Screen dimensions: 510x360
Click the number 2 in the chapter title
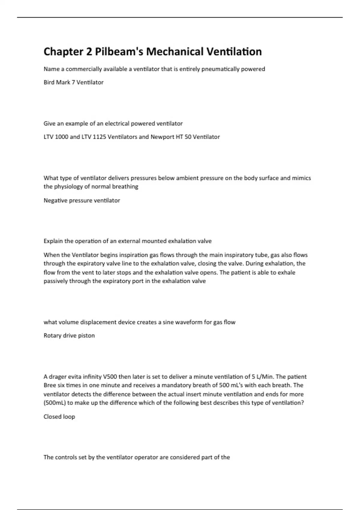[89, 52]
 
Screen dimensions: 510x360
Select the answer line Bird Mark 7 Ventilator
[73, 82]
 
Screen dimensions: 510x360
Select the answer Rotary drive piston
[69, 335]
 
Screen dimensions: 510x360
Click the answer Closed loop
[59, 416]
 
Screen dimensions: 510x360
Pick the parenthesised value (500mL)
[54, 403]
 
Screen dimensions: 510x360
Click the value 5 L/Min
[262, 376]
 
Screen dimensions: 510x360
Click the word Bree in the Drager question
[50, 385]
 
